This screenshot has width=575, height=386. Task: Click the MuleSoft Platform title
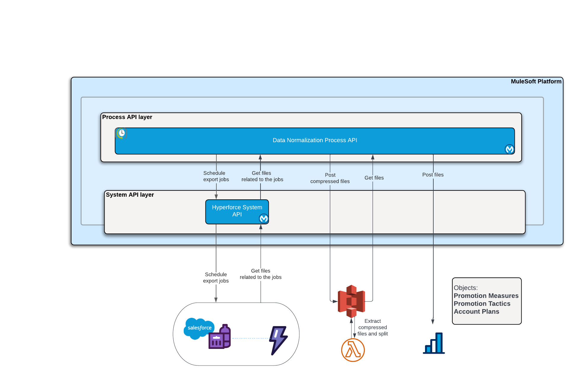pos(536,82)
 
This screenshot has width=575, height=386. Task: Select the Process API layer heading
pos(127,117)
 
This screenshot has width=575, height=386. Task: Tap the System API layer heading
pos(130,195)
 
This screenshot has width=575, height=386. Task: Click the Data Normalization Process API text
pos(315,140)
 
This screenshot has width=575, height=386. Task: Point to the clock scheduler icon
pos(122,133)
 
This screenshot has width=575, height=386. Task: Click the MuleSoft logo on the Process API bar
pos(509,149)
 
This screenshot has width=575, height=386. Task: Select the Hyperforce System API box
pos(237,211)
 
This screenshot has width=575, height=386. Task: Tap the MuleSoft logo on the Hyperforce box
pos(263,219)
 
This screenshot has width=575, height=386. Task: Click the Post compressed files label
pos(330,178)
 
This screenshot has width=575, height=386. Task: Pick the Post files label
pos(433,175)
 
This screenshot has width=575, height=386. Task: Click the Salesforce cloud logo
pos(199,328)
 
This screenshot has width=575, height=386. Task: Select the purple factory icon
pos(220,338)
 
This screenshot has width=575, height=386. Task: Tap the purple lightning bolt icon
pos(278,340)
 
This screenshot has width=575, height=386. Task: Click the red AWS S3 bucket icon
pos(352,301)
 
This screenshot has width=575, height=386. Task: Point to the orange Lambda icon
pos(353,350)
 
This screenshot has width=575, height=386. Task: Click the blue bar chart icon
pos(434,343)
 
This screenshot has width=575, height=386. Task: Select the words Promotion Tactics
pos(482,304)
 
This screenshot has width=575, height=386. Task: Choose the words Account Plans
pos(476,312)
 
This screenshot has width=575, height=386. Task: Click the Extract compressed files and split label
pos(373,328)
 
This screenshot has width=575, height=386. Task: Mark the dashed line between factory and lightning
pos(250,338)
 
